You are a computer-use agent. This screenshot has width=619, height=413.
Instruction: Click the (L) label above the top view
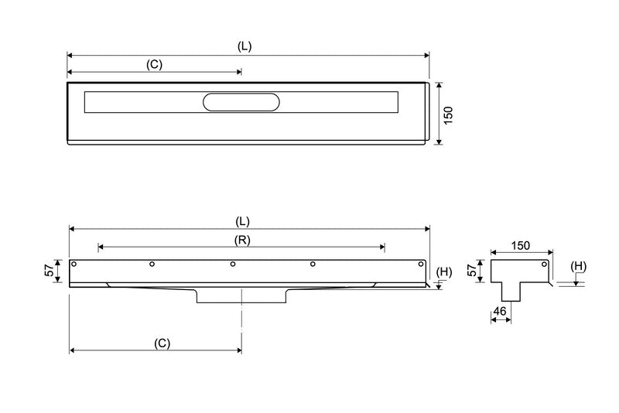tap(245, 46)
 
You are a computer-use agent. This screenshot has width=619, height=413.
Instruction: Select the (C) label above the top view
tap(154, 64)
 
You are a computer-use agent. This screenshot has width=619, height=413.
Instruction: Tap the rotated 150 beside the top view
tap(448, 114)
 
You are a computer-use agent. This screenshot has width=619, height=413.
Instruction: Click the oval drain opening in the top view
tap(241, 102)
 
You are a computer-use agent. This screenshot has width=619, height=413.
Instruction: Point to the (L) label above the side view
tap(245, 220)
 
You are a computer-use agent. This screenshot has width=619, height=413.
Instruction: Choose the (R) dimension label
tap(242, 240)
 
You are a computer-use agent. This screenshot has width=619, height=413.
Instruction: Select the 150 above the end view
tap(521, 246)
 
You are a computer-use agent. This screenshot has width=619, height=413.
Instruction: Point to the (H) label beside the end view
tap(578, 267)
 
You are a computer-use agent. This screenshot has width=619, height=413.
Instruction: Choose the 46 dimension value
tap(500, 311)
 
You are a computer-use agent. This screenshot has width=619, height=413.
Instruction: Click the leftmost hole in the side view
tap(74, 265)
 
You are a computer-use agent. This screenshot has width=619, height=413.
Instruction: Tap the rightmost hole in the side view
tap(422, 265)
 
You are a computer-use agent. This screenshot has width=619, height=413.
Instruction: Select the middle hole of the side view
tap(233, 265)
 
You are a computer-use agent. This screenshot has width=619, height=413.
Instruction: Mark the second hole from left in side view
tap(152, 265)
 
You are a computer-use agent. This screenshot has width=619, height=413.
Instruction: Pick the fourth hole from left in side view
tap(313, 265)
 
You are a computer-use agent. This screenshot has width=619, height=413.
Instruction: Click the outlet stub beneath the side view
tap(241, 295)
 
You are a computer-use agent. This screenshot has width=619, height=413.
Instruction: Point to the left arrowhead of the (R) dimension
tap(101, 247)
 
